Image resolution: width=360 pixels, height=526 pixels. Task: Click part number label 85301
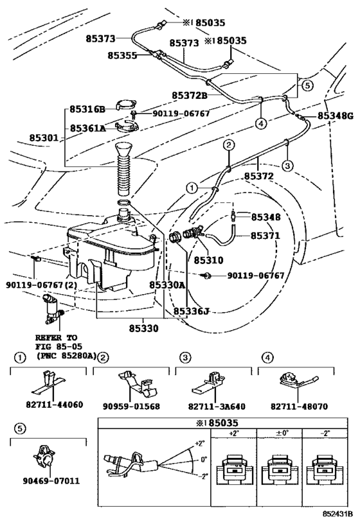point(44,137)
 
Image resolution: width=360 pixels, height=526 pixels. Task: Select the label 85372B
point(190,95)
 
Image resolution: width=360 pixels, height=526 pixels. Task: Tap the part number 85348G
point(336,116)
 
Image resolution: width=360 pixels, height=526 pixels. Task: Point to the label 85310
point(208,260)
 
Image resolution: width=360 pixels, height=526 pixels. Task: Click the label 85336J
point(191,311)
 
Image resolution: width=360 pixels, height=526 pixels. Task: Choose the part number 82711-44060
point(55,405)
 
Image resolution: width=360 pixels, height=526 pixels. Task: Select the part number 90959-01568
point(131,407)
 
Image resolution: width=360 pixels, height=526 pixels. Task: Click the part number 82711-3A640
point(217,407)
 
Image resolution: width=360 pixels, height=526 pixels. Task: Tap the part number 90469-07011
point(51,480)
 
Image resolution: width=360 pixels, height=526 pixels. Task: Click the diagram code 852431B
point(338,514)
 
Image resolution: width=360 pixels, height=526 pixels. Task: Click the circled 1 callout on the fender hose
point(192,188)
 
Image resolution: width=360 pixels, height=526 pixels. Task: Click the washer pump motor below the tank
point(51,310)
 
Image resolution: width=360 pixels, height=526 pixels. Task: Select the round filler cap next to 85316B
point(125,104)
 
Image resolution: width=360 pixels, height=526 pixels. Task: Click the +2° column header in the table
point(233,433)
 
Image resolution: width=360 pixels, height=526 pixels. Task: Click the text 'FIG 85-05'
point(59,346)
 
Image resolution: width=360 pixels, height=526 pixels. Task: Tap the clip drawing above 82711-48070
point(299,381)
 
